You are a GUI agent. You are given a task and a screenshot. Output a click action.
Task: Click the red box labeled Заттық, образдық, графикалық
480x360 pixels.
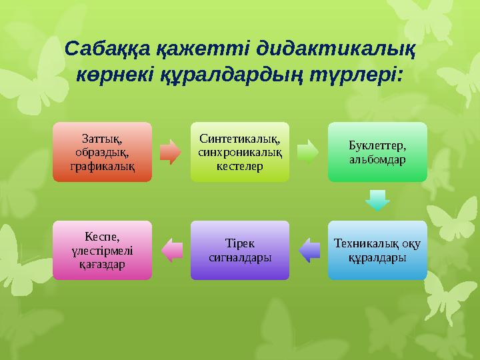102,151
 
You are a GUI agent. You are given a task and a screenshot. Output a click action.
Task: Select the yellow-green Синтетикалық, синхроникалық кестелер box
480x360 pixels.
240,151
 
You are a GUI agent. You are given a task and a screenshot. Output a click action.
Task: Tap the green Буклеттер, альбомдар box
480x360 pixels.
377,151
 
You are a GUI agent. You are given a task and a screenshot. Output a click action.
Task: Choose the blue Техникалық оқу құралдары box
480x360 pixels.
377,250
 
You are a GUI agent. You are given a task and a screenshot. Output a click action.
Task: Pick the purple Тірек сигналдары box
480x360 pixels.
240,250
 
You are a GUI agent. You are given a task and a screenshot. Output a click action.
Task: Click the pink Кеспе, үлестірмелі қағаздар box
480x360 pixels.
102,250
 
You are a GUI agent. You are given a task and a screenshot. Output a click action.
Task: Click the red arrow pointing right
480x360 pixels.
171,151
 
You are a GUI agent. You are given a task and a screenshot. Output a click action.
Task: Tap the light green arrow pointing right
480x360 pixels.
308,151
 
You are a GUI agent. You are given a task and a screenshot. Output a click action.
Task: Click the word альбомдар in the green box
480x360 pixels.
377,161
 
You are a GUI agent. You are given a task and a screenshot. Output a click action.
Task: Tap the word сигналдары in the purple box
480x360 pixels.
240,256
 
